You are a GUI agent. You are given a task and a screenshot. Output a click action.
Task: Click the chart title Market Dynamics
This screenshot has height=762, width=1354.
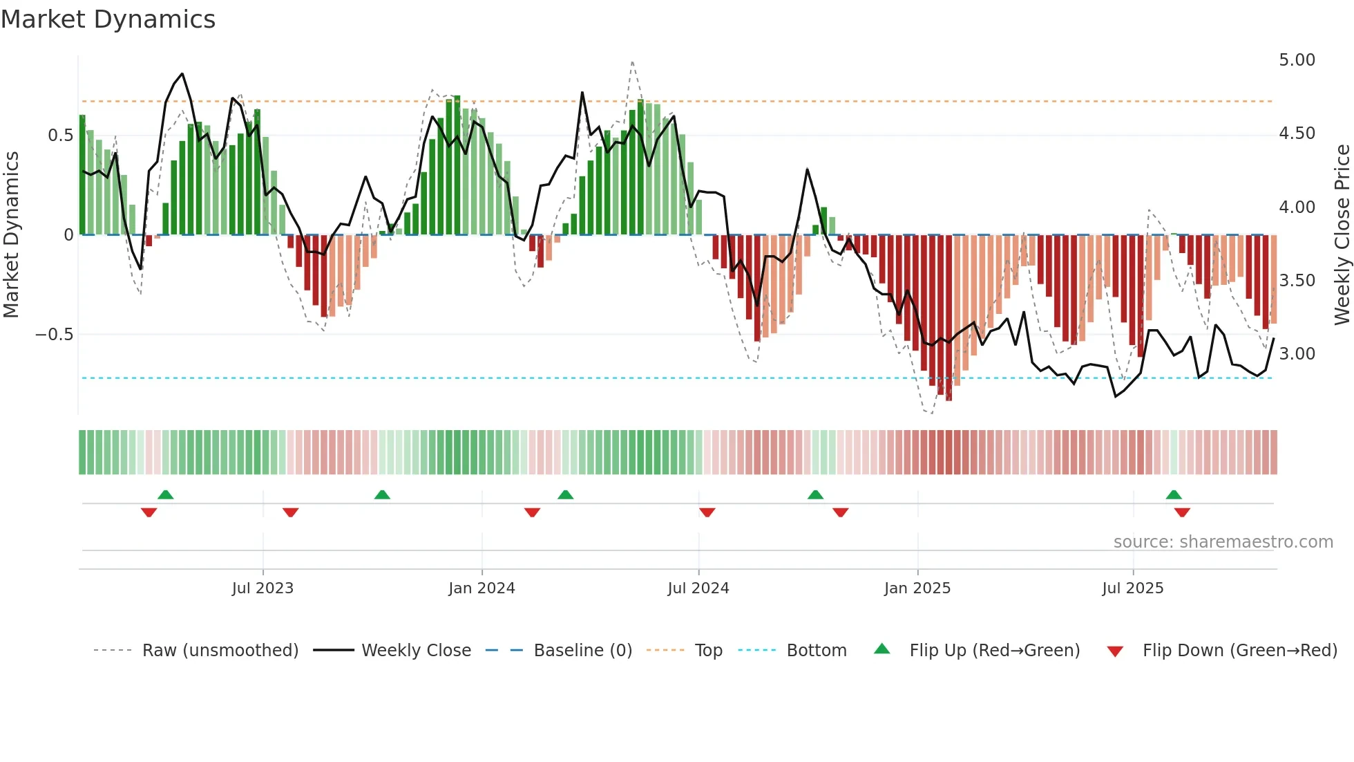(x=108, y=19)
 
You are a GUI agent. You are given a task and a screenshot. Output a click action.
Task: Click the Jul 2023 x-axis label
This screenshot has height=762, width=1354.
(x=263, y=588)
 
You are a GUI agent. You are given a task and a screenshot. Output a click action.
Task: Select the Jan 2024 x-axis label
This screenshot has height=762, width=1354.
(x=481, y=588)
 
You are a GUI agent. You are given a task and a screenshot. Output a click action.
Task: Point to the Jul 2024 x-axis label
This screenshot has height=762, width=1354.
(x=698, y=588)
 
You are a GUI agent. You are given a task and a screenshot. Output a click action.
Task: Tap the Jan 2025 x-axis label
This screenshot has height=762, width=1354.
(x=917, y=588)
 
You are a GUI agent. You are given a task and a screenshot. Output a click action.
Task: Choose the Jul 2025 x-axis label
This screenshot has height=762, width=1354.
(x=1133, y=588)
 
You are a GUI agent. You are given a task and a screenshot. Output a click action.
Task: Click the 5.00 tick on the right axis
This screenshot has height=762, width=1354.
(x=1297, y=60)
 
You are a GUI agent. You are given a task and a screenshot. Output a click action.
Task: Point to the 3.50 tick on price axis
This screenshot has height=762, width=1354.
(x=1297, y=280)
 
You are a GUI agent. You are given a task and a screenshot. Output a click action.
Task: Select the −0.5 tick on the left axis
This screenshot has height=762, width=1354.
(x=54, y=335)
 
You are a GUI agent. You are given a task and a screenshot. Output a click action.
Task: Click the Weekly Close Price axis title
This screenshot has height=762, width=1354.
(x=1342, y=234)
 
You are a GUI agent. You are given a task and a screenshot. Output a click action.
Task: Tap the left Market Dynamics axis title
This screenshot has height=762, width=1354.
(x=11, y=234)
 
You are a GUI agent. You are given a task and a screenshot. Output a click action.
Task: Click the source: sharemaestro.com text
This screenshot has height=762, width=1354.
(x=1223, y=542)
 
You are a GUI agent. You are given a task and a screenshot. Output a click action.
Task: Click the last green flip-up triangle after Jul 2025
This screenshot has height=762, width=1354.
(x=1174, y=494)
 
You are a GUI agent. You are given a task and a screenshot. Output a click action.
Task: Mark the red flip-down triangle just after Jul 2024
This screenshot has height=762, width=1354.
(x=707, y=512)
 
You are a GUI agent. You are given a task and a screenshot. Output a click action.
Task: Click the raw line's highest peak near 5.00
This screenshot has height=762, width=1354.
(x=632, y=62)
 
